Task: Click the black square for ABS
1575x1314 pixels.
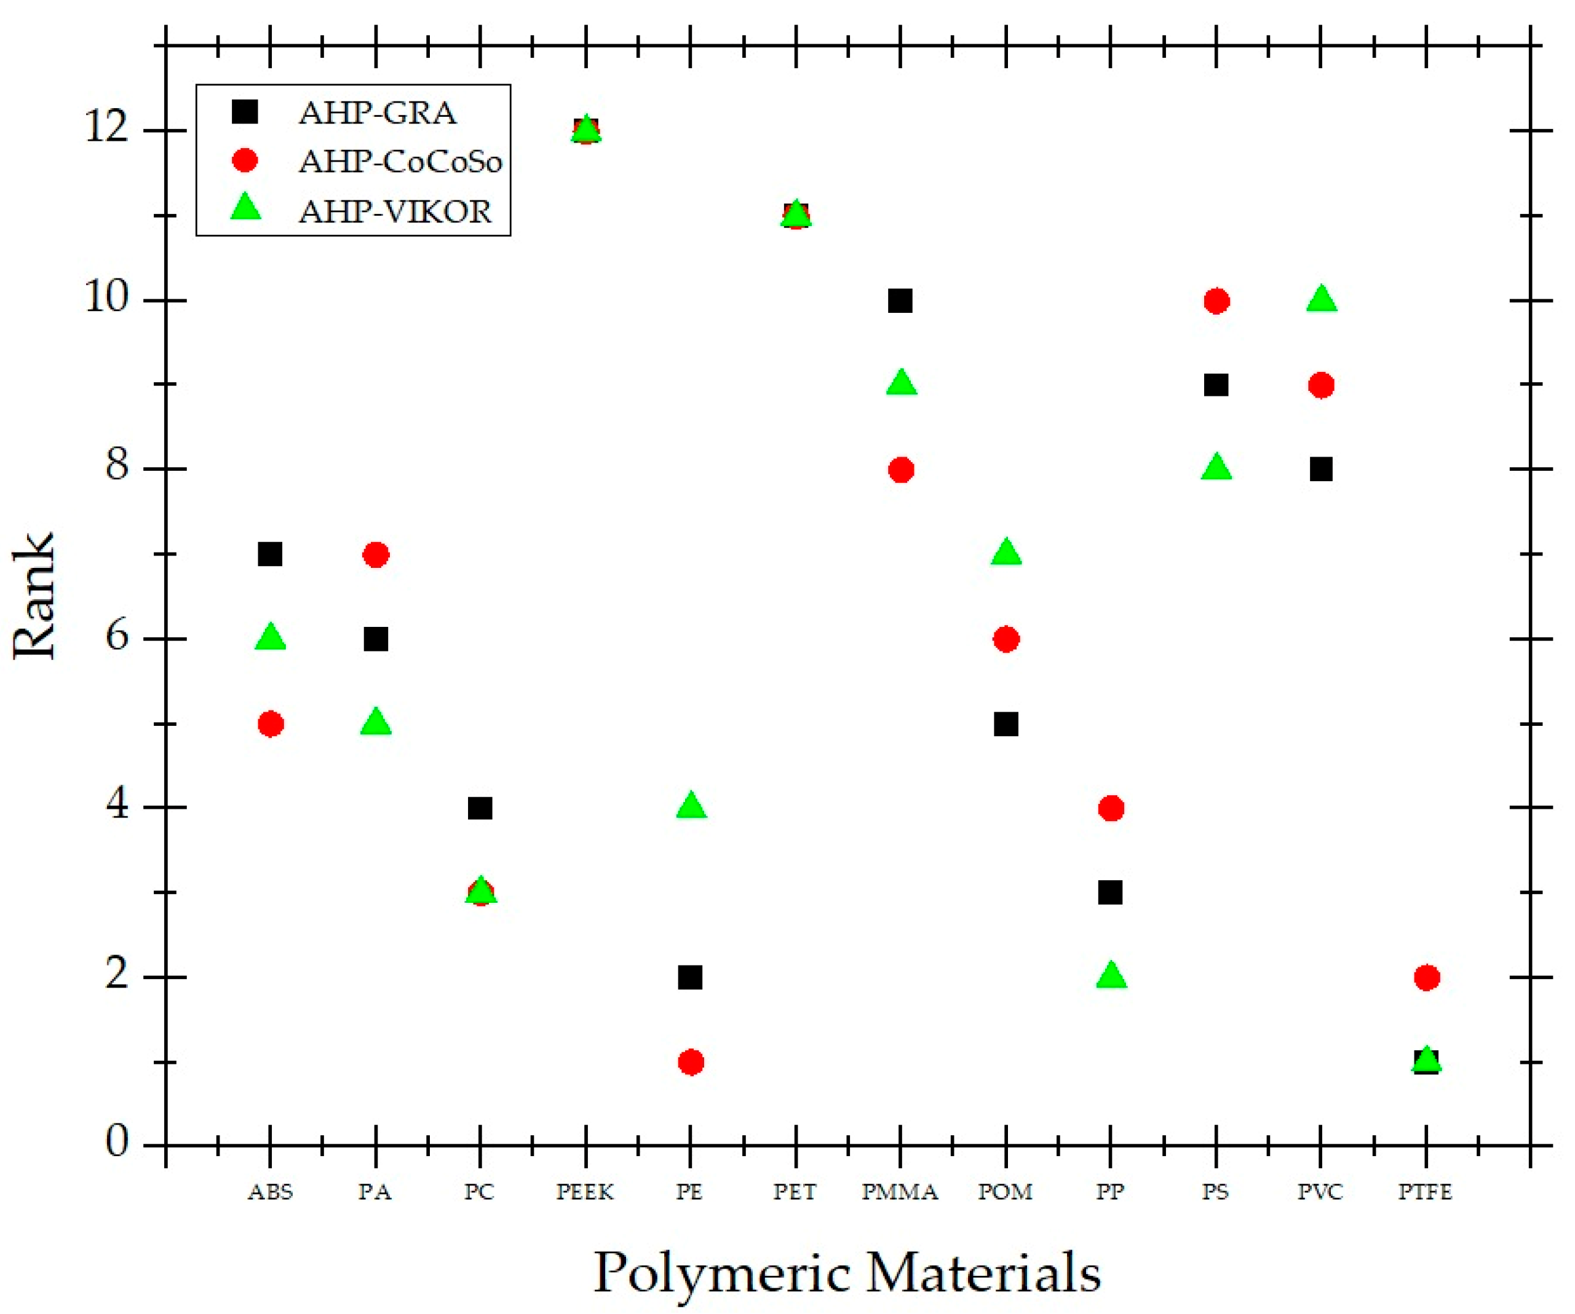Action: (x=270, y=555)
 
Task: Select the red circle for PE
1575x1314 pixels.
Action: (x=691, y=1062)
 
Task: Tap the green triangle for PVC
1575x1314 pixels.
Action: (x=1322, y=299)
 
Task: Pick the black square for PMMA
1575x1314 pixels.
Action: (x=900, y=301)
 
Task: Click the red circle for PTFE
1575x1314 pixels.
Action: (x=1427, y=977)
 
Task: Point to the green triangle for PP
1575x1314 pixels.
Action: (x=1111, y=976)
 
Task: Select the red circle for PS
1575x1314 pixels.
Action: (x=1216, y=301)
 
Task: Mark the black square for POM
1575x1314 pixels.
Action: (x=1006, y=724)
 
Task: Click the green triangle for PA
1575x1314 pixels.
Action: (x=376, y=723)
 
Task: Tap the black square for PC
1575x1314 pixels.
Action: (x=480, y=808)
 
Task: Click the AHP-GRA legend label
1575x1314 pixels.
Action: (x=377, y=113)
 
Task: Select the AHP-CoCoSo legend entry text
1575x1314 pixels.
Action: (x=400, y=162)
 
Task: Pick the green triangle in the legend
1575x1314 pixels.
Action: (x=245, y=208)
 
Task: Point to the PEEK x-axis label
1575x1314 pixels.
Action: (x=585, y=1192)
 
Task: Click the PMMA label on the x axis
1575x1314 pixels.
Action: (x=900, y=1192)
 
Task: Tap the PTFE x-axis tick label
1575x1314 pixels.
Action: (x=1425, y=1192)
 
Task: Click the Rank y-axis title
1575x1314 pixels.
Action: (x=34, y=596)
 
